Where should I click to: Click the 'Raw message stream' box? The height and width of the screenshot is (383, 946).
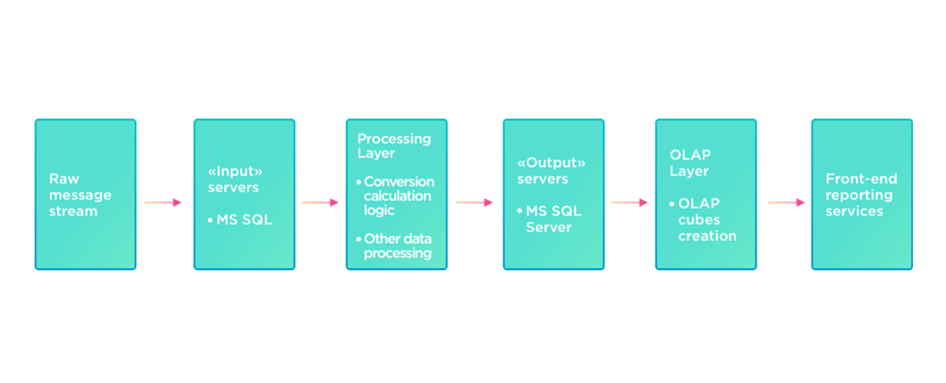pos(85,194)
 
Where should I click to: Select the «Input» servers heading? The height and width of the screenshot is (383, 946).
pos(235,179)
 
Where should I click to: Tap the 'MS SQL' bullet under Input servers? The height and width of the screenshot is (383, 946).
pos(244,219)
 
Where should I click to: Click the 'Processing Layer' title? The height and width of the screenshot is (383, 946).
pos(394,146)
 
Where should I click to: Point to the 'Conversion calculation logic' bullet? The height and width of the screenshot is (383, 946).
pos(398,196)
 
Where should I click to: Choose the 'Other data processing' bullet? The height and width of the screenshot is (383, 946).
pos(398,246)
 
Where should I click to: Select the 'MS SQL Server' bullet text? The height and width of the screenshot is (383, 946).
pos(553,219)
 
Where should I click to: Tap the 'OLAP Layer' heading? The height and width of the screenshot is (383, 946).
pos(690,163)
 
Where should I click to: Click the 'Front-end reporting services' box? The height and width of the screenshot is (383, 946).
pos(861,194)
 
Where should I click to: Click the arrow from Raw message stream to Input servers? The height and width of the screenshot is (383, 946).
pos(163,203)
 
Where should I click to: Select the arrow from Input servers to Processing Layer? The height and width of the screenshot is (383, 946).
pos(320,203)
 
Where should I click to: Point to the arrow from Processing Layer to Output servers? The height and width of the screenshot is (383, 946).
pos(474,203)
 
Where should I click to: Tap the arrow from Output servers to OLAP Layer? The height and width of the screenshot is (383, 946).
pos(629,203)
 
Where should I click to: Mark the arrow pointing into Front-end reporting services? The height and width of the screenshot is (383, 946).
pos(786,203)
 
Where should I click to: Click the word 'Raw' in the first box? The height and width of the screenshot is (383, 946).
pos(64,178)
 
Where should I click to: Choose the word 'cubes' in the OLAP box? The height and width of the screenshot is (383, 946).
pos(699,219)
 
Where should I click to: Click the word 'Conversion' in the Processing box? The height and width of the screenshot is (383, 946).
pos(399,182)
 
